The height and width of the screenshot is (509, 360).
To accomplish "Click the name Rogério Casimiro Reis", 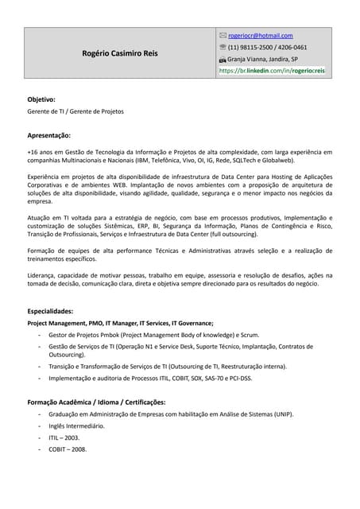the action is click(x=120, y=53).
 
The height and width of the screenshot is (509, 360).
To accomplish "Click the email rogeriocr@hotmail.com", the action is click(x=260, y=36).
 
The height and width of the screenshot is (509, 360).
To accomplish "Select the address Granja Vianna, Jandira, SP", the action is click(x=262, y=59).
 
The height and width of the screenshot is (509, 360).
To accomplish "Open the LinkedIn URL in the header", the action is click(x=272, y=71).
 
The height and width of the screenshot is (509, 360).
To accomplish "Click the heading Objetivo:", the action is click(x=41, y=99).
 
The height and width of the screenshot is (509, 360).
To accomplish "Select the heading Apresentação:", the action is click(x=49, y=136).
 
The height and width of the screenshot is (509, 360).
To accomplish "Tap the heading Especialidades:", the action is click(x=50, y=311).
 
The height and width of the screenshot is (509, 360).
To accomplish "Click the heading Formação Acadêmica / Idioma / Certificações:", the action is click(x=96, y=402).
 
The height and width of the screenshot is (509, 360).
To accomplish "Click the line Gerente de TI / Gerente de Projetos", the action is click(x=75, y=111).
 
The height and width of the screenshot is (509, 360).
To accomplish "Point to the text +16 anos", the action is click(x=41, y=151).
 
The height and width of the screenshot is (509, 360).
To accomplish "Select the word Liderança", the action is click(x=45, y=275).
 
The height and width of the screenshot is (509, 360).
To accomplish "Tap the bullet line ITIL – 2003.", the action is click(x=64, y=437).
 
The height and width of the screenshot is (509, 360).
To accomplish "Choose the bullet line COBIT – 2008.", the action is click(x=68, y=449).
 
